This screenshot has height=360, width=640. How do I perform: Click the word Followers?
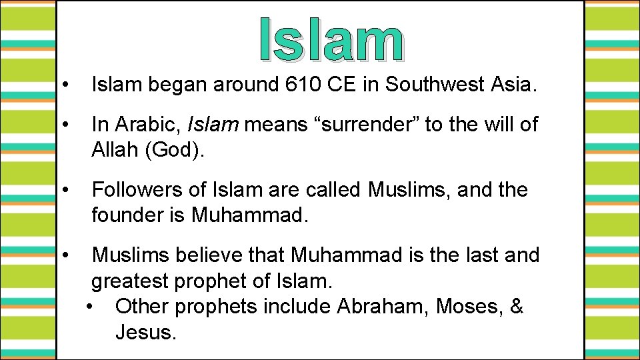pos(140,190)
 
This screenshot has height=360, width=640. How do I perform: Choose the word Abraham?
pos(382,307)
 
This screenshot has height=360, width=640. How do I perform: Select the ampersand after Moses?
pos(517,307)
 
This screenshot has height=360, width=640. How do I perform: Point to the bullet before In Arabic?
pos(65,125)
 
